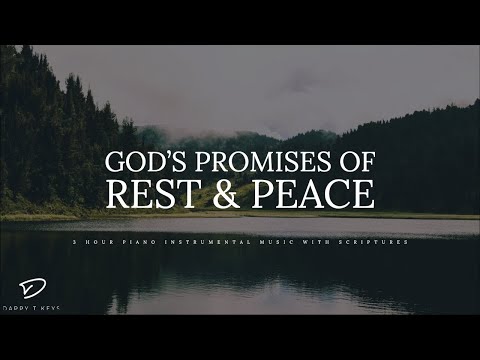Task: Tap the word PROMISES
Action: (x=260, y=163)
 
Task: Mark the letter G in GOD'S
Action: (x=115, y=163)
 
